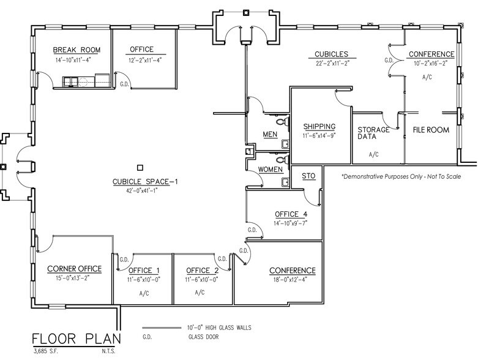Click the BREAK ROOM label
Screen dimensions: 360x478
[77, 50]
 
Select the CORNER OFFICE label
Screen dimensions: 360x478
[74, 269]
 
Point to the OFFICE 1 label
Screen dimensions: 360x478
[144, 271]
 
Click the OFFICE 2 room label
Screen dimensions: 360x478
[202, 271]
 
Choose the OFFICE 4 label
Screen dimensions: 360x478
[291, 214]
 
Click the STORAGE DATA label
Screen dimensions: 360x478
[373, 133]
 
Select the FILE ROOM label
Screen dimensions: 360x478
[431, 130]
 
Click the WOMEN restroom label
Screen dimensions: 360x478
[270, 169]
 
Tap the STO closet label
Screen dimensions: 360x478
[308, 176]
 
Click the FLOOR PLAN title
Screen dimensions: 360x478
[77, 339]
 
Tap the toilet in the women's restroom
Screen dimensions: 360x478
[285, 182]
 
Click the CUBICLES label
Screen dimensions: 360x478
[332, 54]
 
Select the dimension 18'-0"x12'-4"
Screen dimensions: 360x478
[292, 280]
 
